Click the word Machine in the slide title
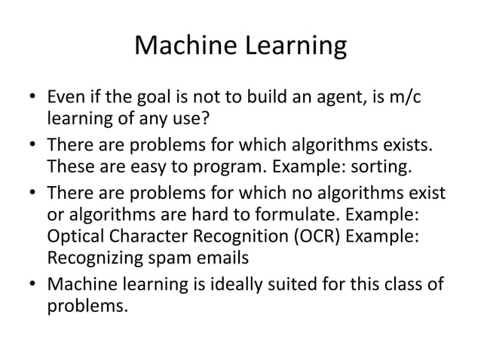pyautogui.click(x=179, y=47)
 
